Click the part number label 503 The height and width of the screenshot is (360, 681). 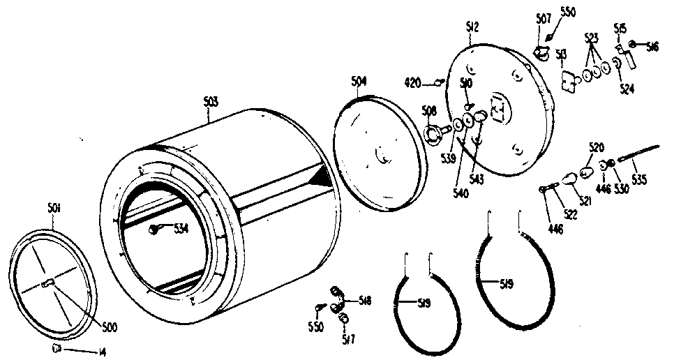[210, 101]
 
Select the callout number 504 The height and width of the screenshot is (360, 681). [358, 82]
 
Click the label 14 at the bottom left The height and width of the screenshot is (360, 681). [102, 351]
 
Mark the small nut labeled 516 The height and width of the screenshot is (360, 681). [631, 45]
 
